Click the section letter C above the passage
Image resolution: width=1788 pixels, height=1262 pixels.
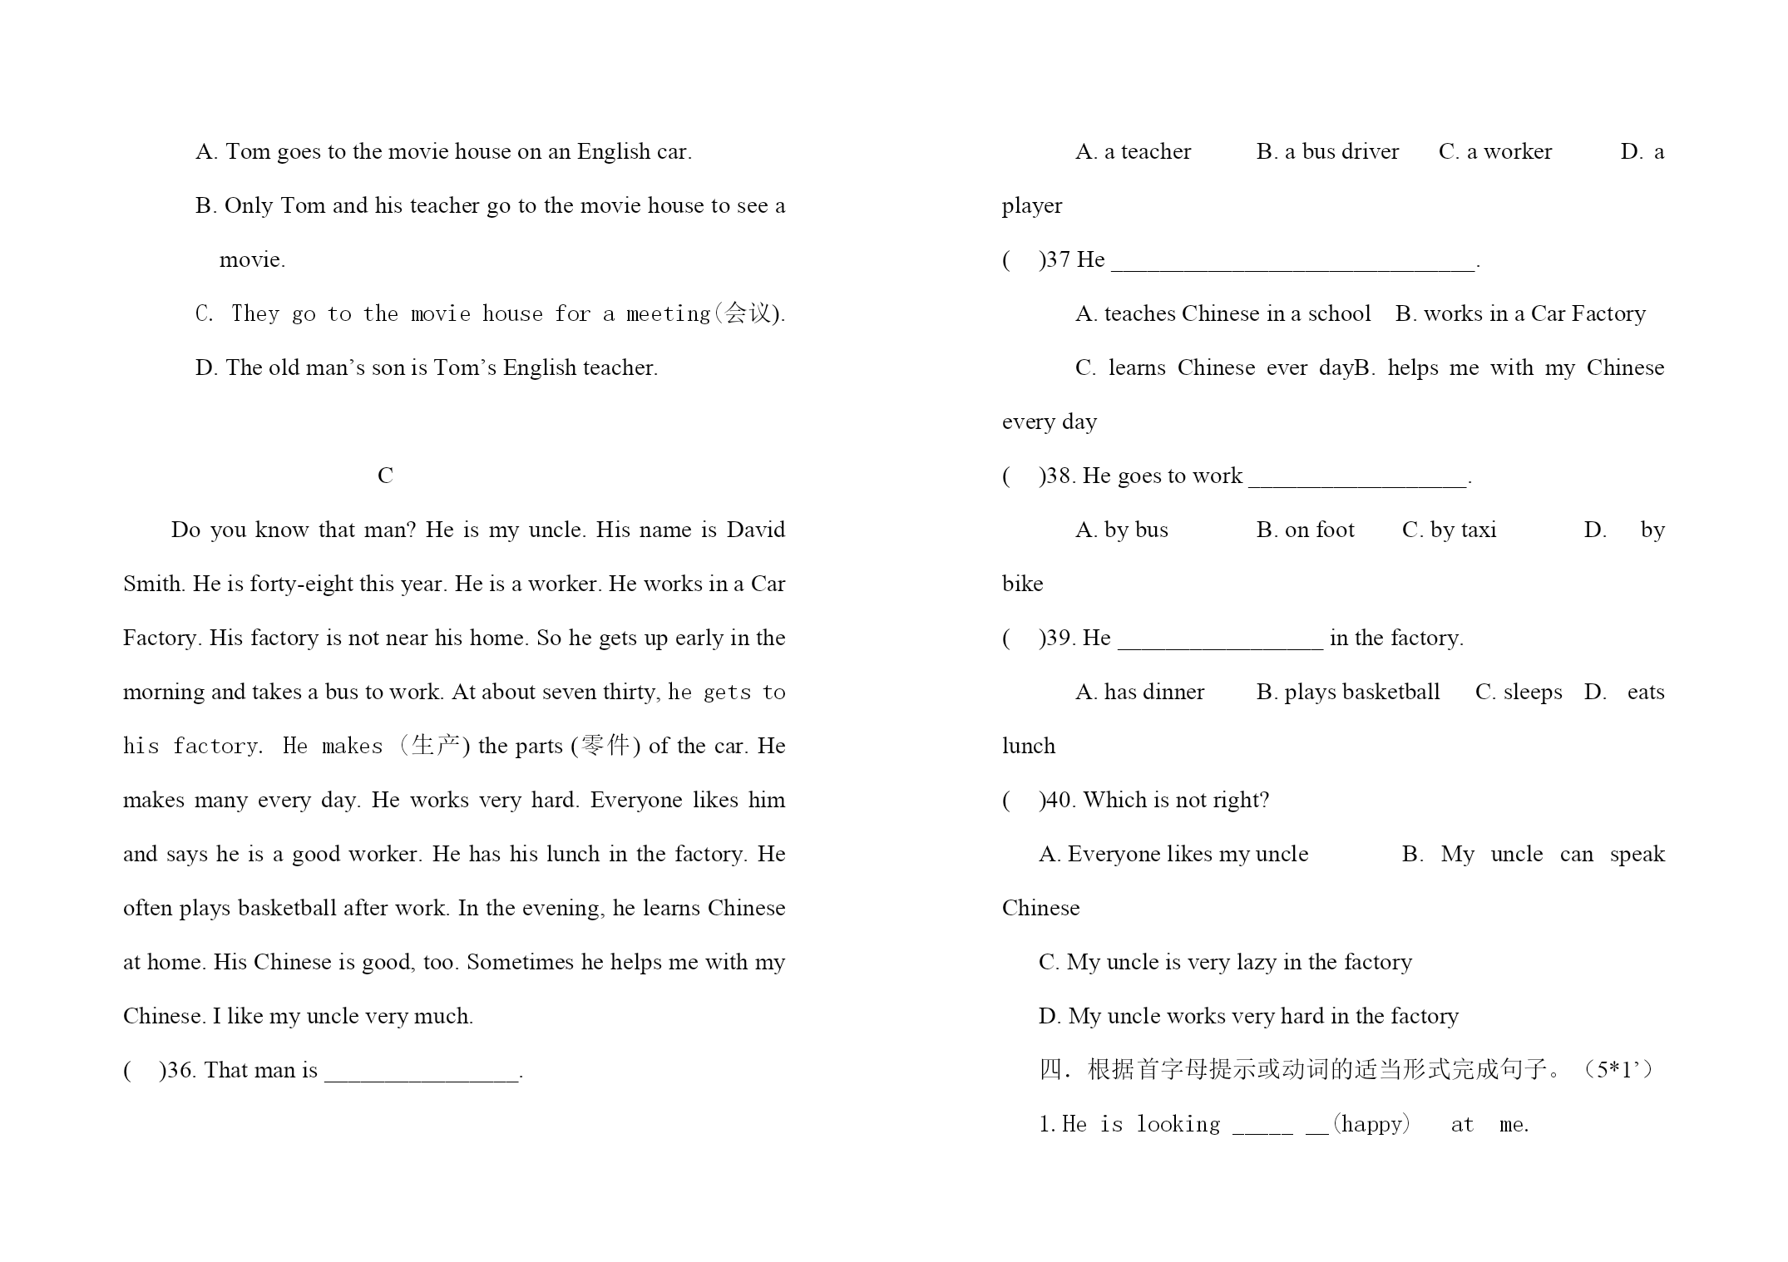click(x=385, y=476)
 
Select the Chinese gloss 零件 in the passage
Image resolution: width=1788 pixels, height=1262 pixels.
click(x=605, y=745)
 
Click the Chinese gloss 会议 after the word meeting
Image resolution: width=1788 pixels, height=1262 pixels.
click(x=748, y=313)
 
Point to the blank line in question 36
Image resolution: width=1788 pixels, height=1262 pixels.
click(x=422, y=1072)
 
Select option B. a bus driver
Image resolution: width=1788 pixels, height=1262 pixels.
click(x=1327, y=152)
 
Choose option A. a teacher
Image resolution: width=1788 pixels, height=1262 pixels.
click(x=1133, y=152)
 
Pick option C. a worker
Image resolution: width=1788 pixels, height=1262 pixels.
click(x=1495, y=152)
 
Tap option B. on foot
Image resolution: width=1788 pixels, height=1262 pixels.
click(x=1305, y=530)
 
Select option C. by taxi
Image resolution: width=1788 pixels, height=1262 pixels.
click(x=1449, y=530)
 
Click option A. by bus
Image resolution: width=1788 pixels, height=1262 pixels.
click(x=1121, y=530)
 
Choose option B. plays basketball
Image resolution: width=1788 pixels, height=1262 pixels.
click(x=1347, y=693)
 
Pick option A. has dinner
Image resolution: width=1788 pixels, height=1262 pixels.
click(x=1139, y=693)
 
